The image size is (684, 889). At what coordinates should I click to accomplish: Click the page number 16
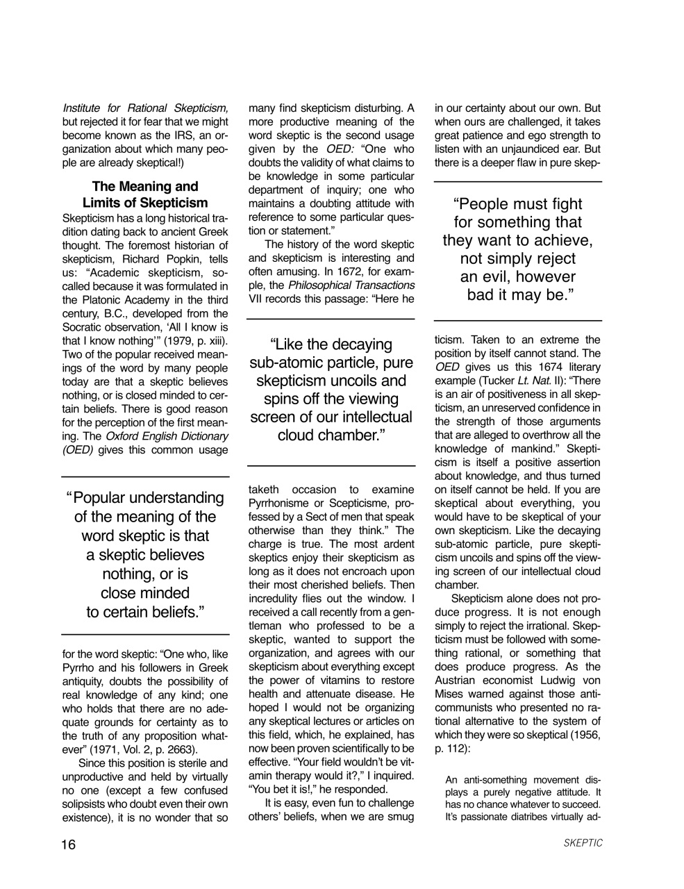click(68, 844)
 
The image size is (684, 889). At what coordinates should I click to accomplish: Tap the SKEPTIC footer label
click(583, 844)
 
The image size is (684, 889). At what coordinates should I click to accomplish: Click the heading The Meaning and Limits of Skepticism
click(145, 194)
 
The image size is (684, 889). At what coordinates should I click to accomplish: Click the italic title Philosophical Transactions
click(351, 285)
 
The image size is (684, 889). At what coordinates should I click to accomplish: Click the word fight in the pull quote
click(562, 204)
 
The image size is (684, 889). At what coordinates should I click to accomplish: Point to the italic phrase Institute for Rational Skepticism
click(145, 108)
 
